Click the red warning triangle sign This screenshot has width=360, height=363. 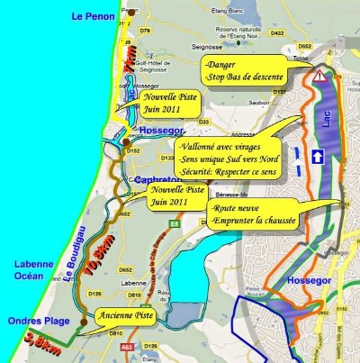pyautogui.click(x=320, y=77)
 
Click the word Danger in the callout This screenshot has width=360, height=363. pyautogui.click(x=221, y=65)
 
